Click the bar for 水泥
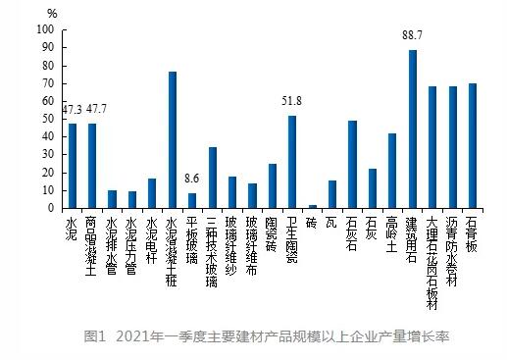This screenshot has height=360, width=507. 72,166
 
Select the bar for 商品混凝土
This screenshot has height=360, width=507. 93,166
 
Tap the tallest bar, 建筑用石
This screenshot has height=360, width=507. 413,129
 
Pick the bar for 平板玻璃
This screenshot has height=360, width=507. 192,200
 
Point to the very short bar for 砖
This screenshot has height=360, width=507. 313,206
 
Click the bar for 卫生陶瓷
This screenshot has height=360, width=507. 292,162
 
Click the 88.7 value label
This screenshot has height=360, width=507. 413,36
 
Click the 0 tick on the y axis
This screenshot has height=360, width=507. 50,208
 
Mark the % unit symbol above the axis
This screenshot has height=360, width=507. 52,13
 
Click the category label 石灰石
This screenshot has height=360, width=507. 353,232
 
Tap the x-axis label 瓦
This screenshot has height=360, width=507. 332,221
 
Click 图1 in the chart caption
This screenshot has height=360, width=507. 97,338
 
